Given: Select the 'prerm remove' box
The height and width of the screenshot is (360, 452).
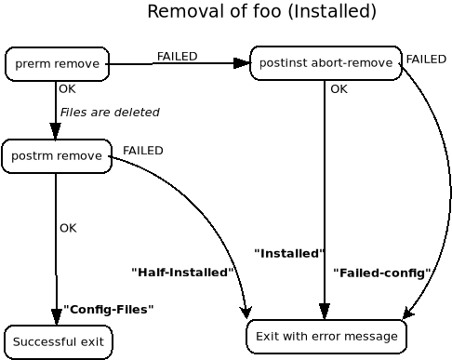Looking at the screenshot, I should pos(57,64).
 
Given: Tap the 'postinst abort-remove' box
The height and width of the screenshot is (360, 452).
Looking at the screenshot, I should pos(326,63).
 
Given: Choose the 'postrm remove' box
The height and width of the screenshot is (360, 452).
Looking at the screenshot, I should pos(57,155).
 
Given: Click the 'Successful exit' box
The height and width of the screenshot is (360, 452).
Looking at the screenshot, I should pos(58,341).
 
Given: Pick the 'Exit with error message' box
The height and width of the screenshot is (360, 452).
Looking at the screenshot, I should pos(326,336).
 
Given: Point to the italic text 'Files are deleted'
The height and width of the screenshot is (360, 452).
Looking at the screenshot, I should pos(110,113).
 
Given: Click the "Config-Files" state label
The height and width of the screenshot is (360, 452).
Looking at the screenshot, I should pos(108,309).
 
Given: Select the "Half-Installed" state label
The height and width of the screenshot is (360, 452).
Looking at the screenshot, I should pos(181,273).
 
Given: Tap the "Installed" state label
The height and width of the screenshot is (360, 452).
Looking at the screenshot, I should pos(288,253).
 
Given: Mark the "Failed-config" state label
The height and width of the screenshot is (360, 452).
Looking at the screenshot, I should pos(381,273).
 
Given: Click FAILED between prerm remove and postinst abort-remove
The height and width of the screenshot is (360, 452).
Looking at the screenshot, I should pos(177,57).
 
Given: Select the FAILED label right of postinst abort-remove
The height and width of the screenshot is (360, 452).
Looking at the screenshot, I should pos(426,60).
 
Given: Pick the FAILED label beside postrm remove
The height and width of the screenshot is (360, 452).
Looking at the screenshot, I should pos(142,151).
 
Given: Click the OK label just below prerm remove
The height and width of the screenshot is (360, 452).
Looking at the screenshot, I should pos(67,89).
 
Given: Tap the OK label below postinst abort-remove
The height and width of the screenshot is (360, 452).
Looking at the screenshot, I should pos(339,89).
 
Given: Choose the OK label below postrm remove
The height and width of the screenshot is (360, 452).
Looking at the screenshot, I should pos(68,228).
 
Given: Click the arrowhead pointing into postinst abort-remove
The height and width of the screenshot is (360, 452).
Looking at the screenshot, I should pos(242,63).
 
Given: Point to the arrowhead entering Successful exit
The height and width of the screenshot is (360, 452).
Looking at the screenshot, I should pos(57,316).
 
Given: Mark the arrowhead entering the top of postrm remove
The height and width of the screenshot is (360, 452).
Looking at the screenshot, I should pos(56,131).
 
